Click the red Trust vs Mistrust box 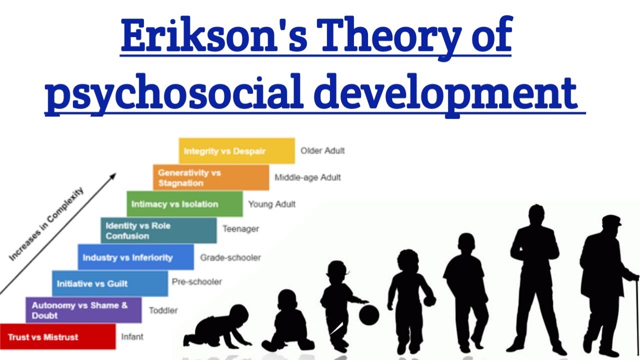click(x=57, y=336)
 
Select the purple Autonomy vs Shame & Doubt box click(x=83, y=310)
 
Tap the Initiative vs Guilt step click(x=109, y=283)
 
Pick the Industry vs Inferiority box click(x=135, y=257)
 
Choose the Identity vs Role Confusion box click(x=158, y=230)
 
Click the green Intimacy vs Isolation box click(x=184, y=204)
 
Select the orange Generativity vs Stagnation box click(x=210, y=177)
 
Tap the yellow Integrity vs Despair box click(x=236, y=151)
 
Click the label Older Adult click(x=322, y=150)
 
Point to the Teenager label click(x=240, y=229)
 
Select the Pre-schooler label click(x=196, y=281)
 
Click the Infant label click(x=132, y=337)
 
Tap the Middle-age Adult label click(x=307, y=177)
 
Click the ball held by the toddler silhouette click(x=369, y=315)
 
